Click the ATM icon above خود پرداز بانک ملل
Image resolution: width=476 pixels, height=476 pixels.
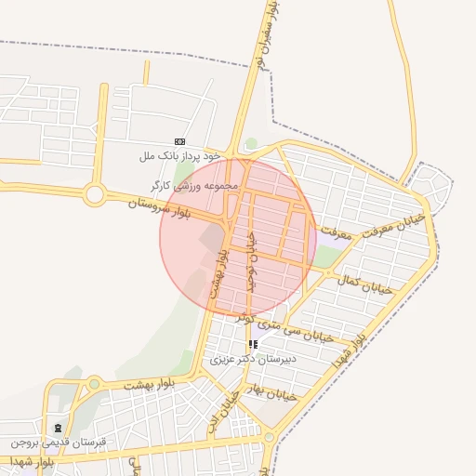179,141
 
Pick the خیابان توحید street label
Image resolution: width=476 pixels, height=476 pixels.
249,260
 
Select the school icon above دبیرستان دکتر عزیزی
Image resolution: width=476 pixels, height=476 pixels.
253,344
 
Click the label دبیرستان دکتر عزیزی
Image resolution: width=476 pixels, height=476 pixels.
252,358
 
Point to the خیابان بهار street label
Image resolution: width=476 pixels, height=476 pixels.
271,391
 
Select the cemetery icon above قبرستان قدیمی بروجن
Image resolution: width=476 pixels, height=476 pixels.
59,429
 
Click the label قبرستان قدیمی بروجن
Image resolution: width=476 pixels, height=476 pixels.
59,443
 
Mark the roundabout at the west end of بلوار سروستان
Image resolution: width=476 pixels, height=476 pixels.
94,195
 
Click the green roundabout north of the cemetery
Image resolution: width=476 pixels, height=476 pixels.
94,383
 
